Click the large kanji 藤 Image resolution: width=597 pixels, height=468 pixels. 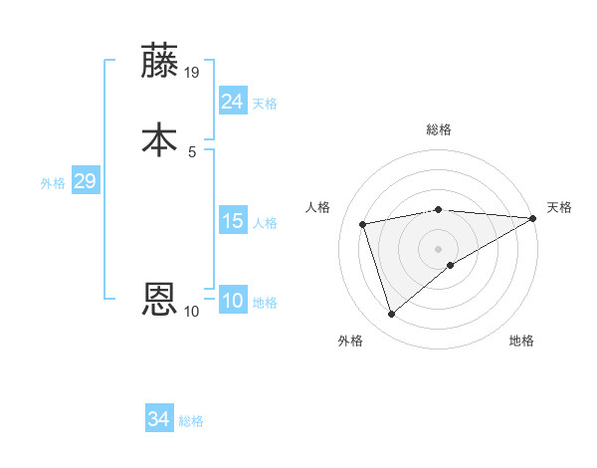(x=160, y=62)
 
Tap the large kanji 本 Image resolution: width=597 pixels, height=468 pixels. (x=160, y=139)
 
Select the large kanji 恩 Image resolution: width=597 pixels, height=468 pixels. (x=160, y=298)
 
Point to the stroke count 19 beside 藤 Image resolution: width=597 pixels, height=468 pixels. (x=193, y=73)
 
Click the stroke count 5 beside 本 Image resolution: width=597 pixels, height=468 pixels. (x=192, y=151)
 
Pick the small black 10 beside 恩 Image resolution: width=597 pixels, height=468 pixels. (x=192, y=312)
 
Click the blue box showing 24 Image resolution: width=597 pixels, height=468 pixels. (x=232, y=101)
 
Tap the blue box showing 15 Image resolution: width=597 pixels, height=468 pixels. (x=232, y=221)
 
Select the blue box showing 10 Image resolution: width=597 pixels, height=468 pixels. (x=232, y=301)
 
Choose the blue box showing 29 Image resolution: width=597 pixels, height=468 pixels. (x=85, y=181)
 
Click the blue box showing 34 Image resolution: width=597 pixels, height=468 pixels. (x=158, y=419)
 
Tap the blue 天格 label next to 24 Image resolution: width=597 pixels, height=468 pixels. (x=265, y=104)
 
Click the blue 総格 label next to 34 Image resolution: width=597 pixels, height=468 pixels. (x=191, y=422)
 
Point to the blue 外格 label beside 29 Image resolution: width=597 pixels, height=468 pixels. (x=53, y=183)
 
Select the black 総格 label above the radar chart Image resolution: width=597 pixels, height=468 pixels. (x=439, y=129)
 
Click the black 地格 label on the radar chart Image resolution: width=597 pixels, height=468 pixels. (x=521, y=342)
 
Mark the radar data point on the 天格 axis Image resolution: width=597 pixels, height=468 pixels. (x=533, y=217)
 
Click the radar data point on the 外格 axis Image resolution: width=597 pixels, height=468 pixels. (x=391, y=315)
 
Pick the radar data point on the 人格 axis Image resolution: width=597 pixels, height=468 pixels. (x=363, y=224)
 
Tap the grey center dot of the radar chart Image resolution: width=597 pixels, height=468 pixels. (x=439, y=248)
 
